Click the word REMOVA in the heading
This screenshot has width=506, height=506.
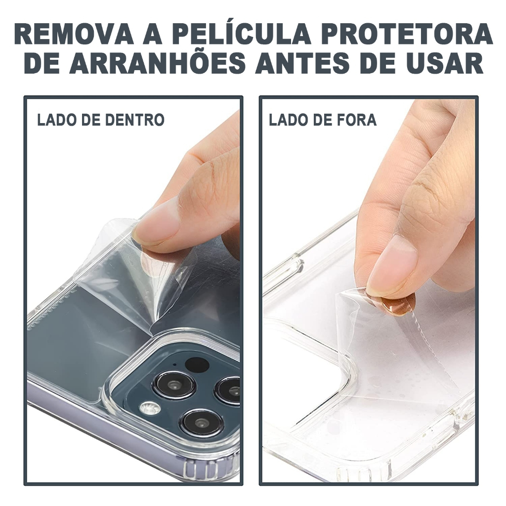tap(74, 34)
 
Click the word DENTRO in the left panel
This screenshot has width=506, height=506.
tap(134, 120)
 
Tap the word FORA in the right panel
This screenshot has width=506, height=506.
tap(358, 120)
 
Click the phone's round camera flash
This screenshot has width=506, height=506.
tap(150, 408)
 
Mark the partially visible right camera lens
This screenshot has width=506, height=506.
tap(229, 390)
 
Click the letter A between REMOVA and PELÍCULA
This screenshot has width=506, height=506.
tap(152, 34)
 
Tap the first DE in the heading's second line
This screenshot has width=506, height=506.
tap(42, 63)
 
